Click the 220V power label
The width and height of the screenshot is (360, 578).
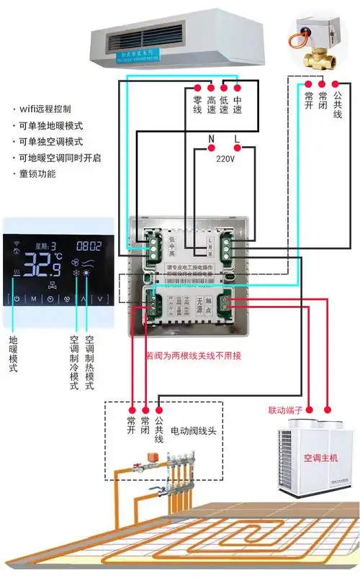coord(225,161)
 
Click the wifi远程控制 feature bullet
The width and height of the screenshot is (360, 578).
coord(45,109)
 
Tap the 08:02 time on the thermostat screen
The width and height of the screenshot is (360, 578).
coord(89,245)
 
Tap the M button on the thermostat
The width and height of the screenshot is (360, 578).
coord(33,298)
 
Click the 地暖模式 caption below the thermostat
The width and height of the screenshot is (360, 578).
coord(13,353)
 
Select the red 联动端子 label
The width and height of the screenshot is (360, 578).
coord(287,410)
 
